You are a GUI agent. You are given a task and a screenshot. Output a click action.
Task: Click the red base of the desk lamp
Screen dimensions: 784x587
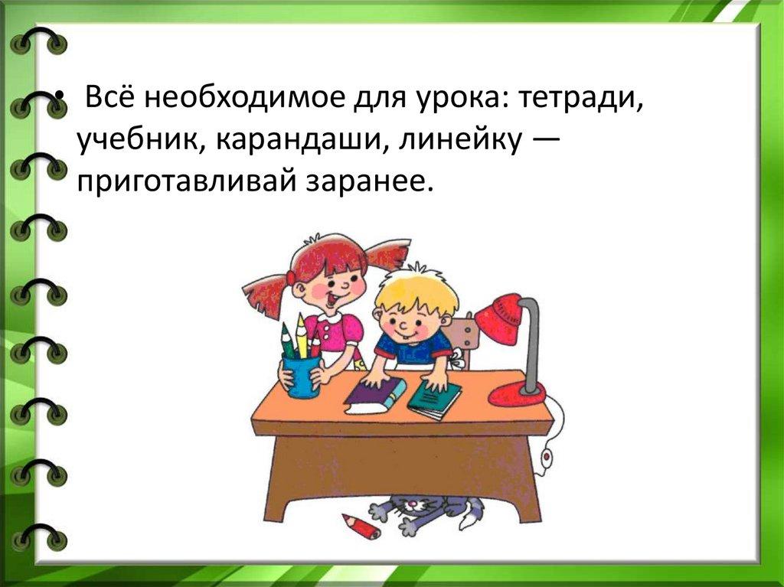tap(517, 394)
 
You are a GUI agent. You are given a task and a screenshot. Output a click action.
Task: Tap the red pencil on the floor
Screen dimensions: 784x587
tap(361, 526)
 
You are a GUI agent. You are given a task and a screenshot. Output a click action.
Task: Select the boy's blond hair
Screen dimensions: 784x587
tap(416, 290)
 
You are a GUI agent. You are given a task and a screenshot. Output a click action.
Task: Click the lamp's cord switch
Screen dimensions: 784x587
tap(547, 456)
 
